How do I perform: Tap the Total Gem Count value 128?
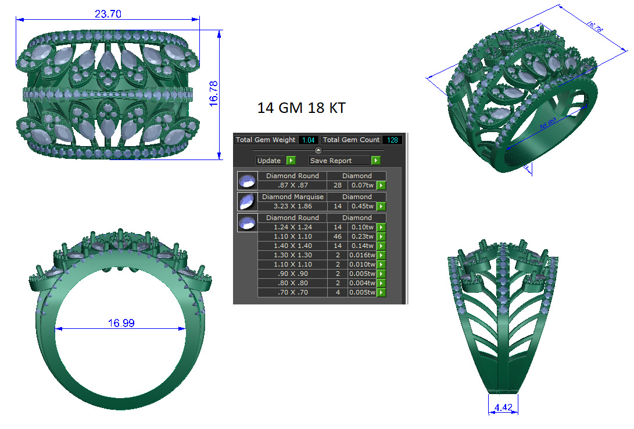point(392,140)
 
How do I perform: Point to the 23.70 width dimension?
point(108,14)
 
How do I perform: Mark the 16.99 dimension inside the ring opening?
point(121,323)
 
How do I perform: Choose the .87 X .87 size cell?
point(292,185)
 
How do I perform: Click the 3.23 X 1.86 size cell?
point(292,206)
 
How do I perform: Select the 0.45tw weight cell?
point(361,206)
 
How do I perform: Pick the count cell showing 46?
point(337,236)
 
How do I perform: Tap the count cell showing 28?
point(337,185)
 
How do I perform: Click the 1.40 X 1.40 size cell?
point(292,246)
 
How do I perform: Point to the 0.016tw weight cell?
point(361,255)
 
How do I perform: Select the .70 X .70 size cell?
point(292,292)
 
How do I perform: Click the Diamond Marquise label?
point(292,197)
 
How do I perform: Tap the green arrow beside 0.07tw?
point(381,185)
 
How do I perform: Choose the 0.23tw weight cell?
point(361,236)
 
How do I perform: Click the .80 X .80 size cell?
point(292,283)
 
